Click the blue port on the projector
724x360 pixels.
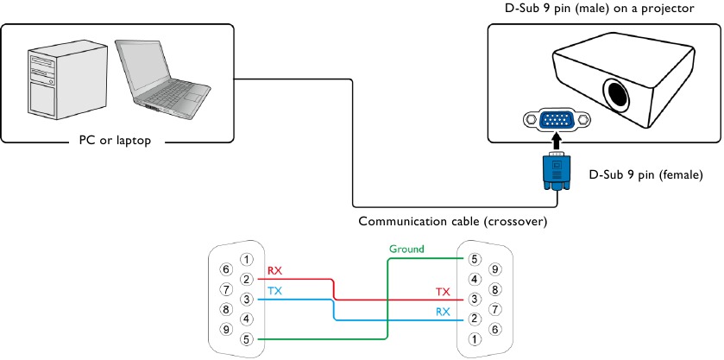[557, 120]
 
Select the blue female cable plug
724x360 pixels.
[557, 172]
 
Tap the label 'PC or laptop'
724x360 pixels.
[115, 140]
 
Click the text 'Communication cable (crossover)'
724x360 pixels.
[452, 221]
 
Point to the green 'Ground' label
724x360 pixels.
[406, 249]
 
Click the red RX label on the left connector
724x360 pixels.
[274, 271]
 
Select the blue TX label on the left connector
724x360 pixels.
[274, 291]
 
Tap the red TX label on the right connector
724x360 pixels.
[444, 292]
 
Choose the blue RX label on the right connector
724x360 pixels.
[444, 312]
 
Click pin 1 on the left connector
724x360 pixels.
[247, 259]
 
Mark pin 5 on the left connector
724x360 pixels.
[247, 339]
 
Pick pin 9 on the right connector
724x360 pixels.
[494, 269]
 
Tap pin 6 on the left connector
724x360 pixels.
[226, 269]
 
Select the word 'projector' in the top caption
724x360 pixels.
[670, 9]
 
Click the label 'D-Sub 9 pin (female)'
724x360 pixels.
[646, 174]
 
